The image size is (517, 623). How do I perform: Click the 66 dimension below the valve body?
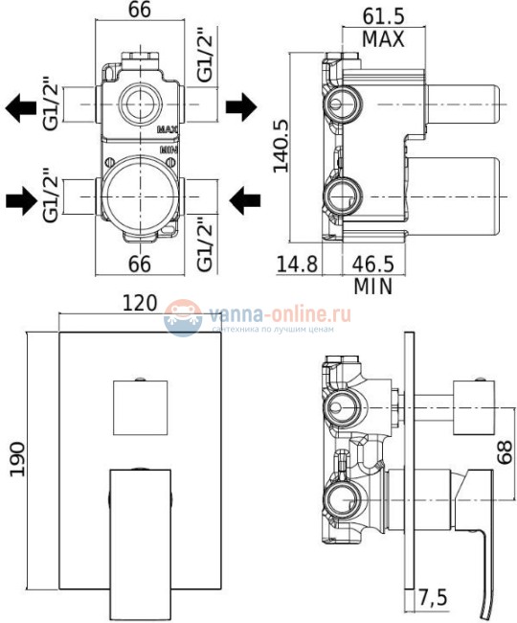pyautogui.click(x=141, y=263)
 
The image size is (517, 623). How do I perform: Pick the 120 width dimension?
pyautogui.click(x=140, y=304)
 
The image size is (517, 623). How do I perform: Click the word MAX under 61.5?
pyautogui.click(x=383, y=39)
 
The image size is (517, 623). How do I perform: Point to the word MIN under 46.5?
pyautogui.click(x=372, y=286)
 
